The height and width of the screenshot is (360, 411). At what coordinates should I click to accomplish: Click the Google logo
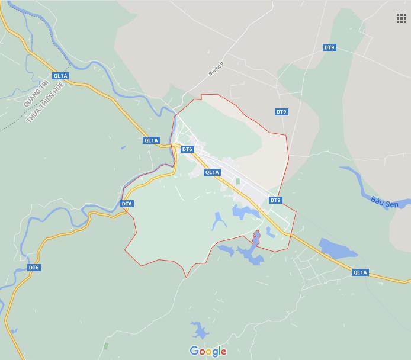click(208, 351)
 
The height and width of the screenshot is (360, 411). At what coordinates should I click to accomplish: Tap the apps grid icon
click(402, 18)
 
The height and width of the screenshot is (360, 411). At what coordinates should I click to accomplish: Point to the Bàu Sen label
click(384, 202)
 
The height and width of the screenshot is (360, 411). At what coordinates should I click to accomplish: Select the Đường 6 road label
click(216, 69)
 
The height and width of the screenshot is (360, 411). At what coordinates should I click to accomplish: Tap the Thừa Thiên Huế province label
click(44, 102)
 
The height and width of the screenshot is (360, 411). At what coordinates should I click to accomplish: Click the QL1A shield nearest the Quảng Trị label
click(60, 76)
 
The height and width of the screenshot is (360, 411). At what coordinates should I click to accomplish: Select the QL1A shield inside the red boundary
click(212, 172)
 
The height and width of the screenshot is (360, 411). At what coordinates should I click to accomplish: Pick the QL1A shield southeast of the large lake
click(359, 272)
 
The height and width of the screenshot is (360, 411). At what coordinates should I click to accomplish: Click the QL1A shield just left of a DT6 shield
click(151, 140)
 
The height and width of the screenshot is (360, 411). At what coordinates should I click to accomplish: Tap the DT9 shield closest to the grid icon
click(329, 47)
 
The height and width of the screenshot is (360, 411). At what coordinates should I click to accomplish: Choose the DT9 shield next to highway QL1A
click(275, 200)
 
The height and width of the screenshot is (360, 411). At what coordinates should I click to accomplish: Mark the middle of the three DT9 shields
click(281, 112)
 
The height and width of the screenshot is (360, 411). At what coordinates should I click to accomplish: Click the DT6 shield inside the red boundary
click(187, 149)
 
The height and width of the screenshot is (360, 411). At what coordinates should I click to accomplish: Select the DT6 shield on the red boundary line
click(127, 204)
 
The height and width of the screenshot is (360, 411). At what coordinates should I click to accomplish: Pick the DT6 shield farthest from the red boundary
click(34, 268)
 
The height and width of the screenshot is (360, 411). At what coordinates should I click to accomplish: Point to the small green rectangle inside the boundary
click(238, 181)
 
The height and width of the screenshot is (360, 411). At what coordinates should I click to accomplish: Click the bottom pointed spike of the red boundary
click(186, 277)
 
